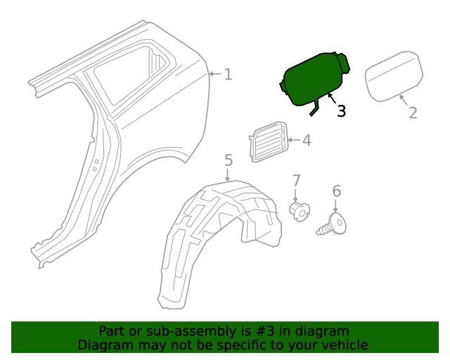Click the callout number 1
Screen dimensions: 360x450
pos(228,74)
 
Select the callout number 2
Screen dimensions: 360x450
pos(413,112)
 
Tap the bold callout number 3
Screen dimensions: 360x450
pos(341,111)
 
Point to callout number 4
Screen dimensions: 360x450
pos(306,141)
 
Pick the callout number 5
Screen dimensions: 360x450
pos(229,161)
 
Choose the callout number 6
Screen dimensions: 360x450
pos(336,191)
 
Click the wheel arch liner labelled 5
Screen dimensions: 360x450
pos(211,239)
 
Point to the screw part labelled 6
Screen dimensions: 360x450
pos(335,226)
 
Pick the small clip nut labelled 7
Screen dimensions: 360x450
pos(300,210)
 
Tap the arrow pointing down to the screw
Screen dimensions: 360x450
pos(336,206)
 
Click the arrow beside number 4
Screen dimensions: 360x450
pos(292,141)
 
